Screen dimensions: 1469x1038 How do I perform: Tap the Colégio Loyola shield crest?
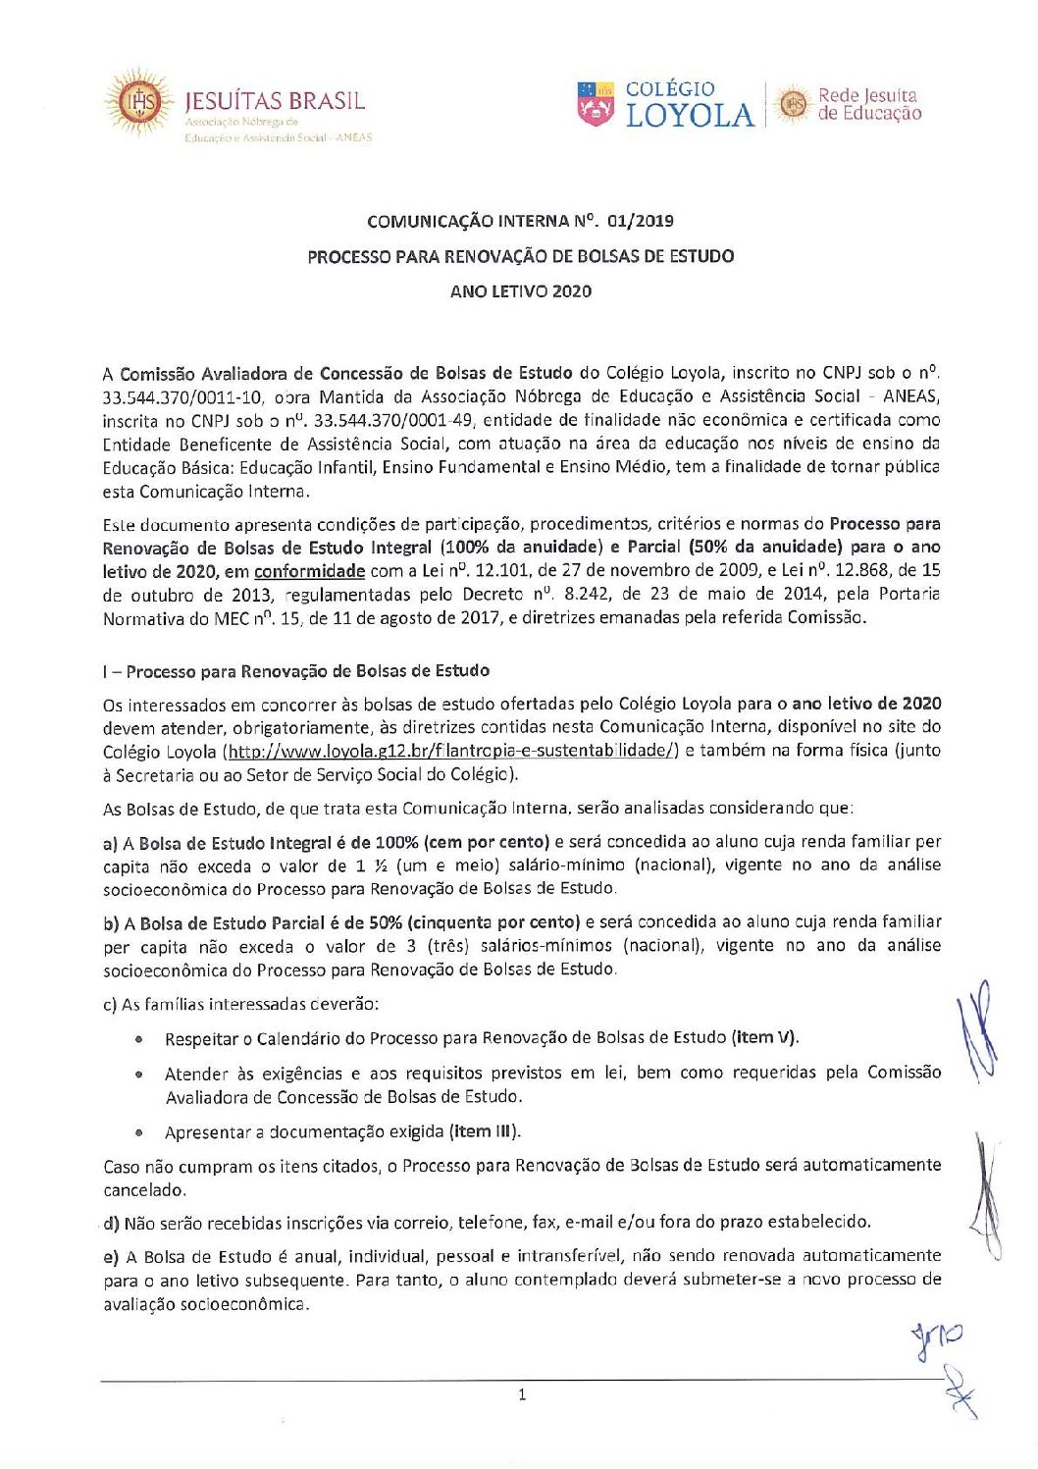tap(596, 103)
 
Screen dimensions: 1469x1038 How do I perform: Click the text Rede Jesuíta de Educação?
tap(869, 104)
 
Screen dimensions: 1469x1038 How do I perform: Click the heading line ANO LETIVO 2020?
tap(520, 290)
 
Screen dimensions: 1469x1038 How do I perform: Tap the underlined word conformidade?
tap(309, 571)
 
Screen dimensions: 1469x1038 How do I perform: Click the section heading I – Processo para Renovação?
tap(295, 671)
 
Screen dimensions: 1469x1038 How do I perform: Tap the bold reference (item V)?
tap(764, 1037)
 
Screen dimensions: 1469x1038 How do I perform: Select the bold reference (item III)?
tap(485, 1131)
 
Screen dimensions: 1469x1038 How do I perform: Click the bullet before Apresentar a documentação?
tap(140, 1132)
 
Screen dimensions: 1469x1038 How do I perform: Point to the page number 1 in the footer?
tap(522, 1394)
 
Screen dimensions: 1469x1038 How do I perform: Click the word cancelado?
tap(143, 1190)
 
